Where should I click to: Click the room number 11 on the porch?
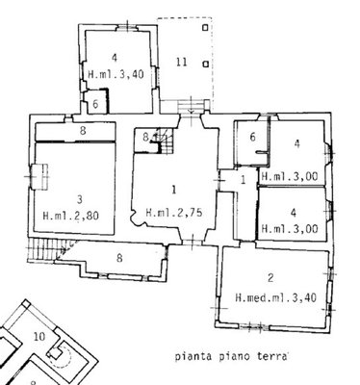(x=182, y=62)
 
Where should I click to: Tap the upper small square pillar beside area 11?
(x=205, y=28)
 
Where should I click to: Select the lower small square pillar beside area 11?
(x=206, y=64)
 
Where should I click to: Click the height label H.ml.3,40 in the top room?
(x=116, y=75)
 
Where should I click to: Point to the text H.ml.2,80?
(x=71, y=215)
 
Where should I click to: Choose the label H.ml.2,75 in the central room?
(x=174, y=213)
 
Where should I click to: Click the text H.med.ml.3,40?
(x=276, y=297)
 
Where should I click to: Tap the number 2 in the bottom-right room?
(x=270, y=277)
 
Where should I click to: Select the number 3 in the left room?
(x=80, y=199)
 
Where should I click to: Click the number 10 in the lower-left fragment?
(x=39, y=337)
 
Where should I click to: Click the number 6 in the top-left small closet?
(x=95, y=104)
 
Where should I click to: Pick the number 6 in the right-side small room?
(x=252, y=138)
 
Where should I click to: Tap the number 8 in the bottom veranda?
(x=119, y=258)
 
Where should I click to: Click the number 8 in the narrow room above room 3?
(x=83, y=131)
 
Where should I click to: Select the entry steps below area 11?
(x=191, y=107)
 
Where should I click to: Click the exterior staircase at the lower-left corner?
(x=48, y=249)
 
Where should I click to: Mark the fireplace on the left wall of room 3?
(x=39, y=176)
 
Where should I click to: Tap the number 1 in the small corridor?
(x=244, y=180)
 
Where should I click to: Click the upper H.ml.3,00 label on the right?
(x=290, y=176)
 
